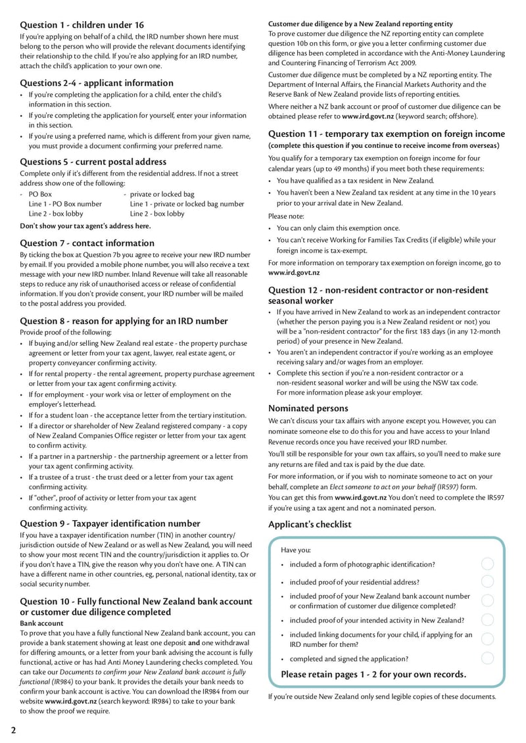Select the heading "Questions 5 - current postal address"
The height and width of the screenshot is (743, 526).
tap(93, 162)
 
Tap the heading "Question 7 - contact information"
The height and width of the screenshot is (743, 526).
tap(87, 243)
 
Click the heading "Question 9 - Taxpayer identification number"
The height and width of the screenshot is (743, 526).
tap(110, 523)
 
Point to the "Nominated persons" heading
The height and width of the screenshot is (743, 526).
tap(308, 408)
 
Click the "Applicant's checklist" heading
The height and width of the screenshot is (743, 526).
tap(310, 525)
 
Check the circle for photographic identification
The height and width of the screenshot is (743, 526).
tap(487, 564)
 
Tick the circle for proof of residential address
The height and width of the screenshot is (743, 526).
tap(487, 581)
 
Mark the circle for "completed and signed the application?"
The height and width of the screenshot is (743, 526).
tap(487, 658)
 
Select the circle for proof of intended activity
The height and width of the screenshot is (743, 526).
tap(487, 620)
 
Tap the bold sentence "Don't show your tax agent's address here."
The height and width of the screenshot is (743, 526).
tap(85, 226)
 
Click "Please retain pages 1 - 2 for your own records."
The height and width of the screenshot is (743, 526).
tap(373, 675)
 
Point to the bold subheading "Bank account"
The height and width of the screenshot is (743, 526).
tap(41, 623)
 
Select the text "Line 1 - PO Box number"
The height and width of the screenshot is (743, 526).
tap(65, 204)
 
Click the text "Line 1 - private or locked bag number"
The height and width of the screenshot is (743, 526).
tap(187, 204)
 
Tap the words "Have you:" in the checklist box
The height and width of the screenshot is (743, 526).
tap(296, 550)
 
